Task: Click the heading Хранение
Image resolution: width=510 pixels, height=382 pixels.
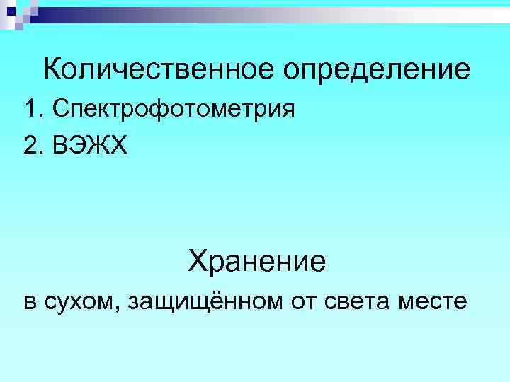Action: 256,262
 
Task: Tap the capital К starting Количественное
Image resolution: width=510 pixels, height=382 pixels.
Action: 52,69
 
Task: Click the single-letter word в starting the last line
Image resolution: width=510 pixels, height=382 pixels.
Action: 30,303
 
